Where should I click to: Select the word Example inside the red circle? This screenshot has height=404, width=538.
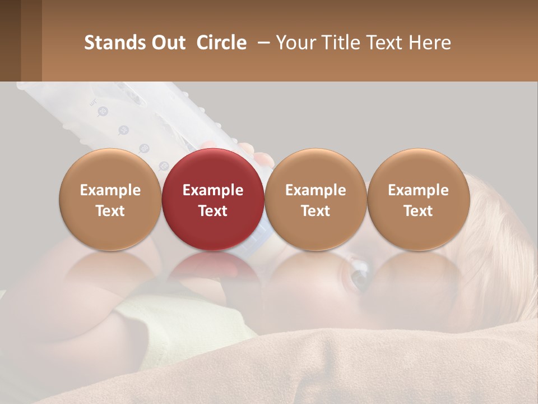tap(213, 190)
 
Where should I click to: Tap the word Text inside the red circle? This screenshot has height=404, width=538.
tap(213, 211)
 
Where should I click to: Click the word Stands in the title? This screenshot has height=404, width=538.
tap(115, 43)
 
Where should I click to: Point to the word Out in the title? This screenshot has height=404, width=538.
tap(169, 43)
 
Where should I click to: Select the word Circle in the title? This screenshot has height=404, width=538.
tap(221, 43)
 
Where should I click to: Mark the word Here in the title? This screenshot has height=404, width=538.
tap(429, 43)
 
